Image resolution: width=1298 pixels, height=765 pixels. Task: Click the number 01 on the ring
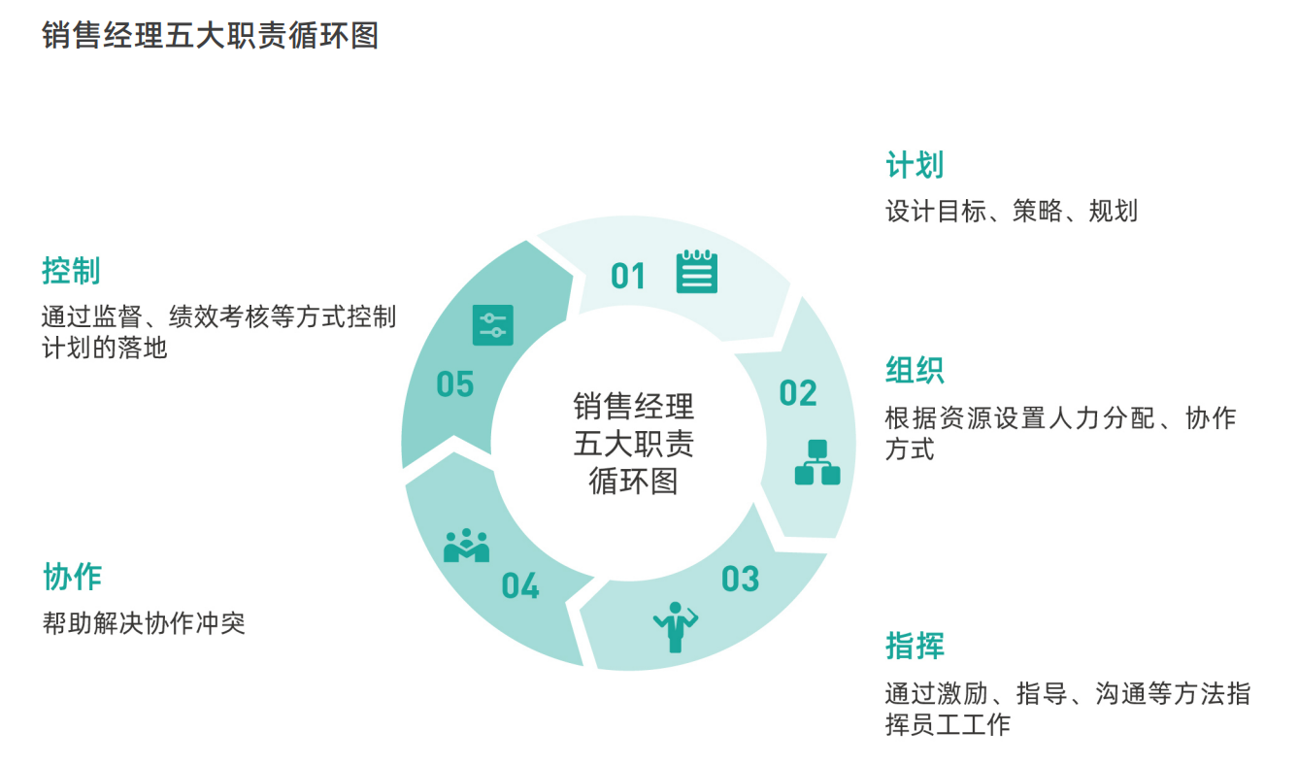(x=628, y=277)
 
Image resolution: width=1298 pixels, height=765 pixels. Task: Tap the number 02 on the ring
(x=798, y=393)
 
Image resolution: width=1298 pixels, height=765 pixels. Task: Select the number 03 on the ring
(x=740, y=580)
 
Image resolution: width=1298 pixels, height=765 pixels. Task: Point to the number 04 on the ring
(x=520, y=586)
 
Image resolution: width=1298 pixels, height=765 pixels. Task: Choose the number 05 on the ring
(x=454, y=384)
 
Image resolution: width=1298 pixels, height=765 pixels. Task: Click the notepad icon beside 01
(x=697, y=271)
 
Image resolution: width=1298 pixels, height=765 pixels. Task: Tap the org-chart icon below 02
(x=817, y=462)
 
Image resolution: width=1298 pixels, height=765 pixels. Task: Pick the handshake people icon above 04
(x=466, y=547)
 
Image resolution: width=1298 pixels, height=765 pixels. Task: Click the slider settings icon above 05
(x=493, y=325)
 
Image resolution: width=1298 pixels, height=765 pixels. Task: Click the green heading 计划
(x=915, y=165)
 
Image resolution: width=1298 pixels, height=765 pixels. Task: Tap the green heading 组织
(x=915, y=371)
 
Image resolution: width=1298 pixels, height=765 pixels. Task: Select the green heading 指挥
(x=915, y=646)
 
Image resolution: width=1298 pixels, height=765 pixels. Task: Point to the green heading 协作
(x=72, y=577)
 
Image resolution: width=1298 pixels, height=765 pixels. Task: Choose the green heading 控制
(x=72, y=271)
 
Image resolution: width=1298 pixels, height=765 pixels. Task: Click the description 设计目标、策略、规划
(x=1011, y=211)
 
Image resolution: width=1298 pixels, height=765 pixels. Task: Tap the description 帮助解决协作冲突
(x=144, y=622)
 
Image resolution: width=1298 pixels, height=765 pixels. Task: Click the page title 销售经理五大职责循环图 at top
(x=210, y=36)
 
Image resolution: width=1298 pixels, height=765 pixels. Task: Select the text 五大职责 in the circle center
(x=634, y=444)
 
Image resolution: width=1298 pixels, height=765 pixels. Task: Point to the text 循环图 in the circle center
(x=634, y=481)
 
